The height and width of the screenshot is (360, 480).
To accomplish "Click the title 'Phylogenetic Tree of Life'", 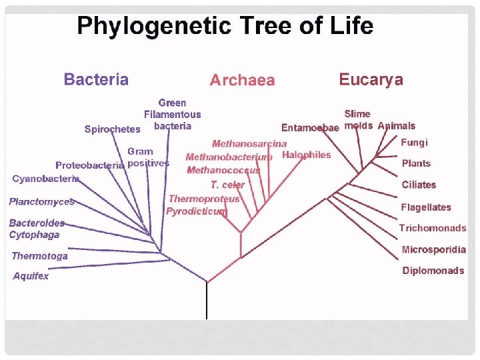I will [x=225, y=26].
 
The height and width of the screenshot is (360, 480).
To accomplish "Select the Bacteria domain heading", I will [x=96, y=79].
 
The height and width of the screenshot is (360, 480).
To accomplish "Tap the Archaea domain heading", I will [x=242, y=80].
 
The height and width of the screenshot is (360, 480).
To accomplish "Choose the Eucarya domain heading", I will [x=371, y=79].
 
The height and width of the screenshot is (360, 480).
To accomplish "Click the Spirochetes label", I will [x=113, y=129].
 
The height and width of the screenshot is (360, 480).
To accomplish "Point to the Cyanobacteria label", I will [x=46, y=179].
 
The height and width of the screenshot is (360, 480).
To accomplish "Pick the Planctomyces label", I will [x=41, y=201].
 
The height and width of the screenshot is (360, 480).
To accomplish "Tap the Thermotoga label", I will [x=39, y=256].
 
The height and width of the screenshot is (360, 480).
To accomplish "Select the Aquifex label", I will [x=31, y=276].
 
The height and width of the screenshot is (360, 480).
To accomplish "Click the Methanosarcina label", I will [x=249, y=143].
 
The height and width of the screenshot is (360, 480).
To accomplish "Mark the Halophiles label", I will [x=307, y=155].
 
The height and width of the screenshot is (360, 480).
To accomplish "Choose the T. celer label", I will [x=228, y=185].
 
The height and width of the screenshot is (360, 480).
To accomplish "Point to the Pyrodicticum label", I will [x=197, y=211].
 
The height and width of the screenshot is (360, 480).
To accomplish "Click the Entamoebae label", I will [x=310, y=127].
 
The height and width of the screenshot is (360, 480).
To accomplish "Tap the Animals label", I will [x=396, y=125].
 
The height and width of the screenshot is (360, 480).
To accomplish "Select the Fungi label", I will [x=414, y=142].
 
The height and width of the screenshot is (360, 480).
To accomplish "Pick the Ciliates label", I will [x=419, y=185].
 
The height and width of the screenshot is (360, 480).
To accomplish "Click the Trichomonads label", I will [x=433, y=228].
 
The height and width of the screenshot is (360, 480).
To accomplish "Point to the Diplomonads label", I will [x=433, y=271].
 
